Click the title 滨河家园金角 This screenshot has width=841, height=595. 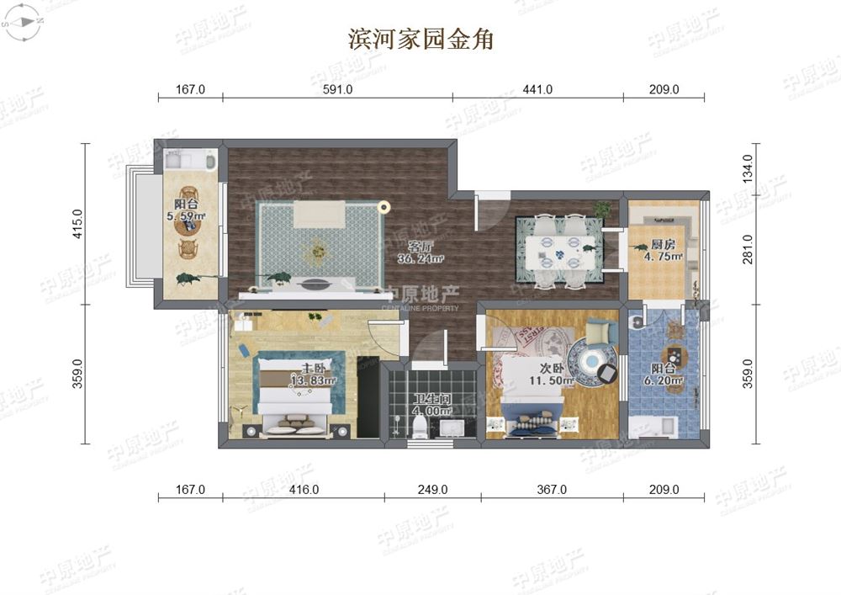pos(420,39)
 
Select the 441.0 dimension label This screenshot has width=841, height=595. pos(538,89)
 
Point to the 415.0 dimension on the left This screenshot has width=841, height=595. pos(77,224)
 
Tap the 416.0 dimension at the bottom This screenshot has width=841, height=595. pos(304,489)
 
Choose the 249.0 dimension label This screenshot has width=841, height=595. pos(432,489)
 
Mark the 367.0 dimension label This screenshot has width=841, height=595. pos(552,489)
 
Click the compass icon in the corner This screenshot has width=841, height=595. pos(22,23)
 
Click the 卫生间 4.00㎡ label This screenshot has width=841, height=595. pos(432,405)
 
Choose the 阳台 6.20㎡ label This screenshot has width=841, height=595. pos(664,375)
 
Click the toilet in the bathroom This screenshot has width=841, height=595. pos(419,428)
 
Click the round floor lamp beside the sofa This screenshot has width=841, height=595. pos(384,205)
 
